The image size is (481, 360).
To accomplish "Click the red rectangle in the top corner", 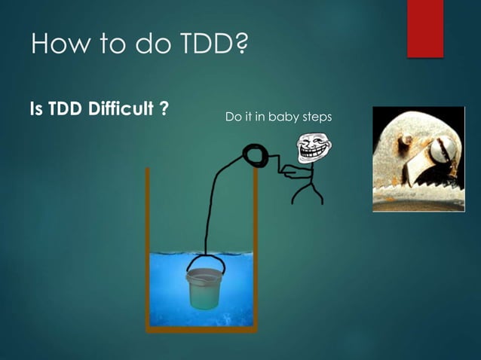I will coord(425,27).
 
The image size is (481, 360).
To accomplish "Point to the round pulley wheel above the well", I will coord(253,157).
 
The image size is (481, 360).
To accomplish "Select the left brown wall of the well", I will coord(148,249).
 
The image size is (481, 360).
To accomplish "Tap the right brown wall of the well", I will coord(255,249).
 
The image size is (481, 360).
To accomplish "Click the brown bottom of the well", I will coord(201,328).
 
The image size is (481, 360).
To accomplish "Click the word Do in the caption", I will coord(232,117).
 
